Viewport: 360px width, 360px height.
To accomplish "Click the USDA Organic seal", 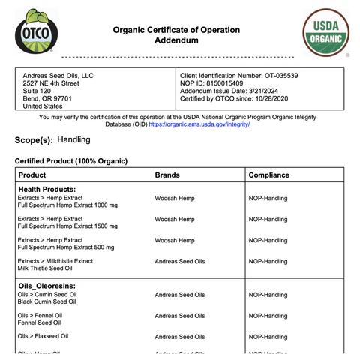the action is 325,34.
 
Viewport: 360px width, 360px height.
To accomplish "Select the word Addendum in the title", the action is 176,42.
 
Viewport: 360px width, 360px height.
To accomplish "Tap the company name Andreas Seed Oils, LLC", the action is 58,76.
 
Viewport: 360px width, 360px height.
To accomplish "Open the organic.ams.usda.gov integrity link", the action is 199,124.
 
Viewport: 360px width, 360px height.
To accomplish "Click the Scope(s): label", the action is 34,140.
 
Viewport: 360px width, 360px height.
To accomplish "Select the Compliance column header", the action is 268,175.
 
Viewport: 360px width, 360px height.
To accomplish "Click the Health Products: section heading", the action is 47,190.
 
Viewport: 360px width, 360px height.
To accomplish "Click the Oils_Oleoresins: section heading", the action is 47,286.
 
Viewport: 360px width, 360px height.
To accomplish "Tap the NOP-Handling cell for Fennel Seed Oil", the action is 268,316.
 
